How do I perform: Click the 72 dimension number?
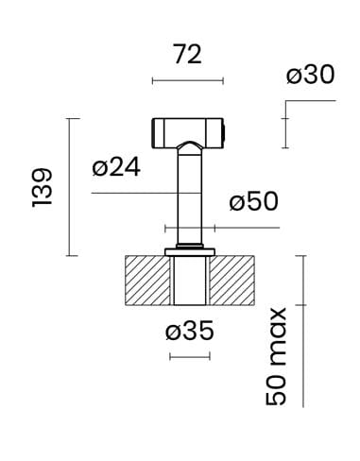point(188,55)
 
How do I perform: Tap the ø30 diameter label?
point(310,75)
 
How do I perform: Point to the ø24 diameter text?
point(117,168)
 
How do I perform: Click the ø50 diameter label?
point(254,202)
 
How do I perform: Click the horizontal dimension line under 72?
point(188,81)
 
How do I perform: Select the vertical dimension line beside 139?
point(68,186)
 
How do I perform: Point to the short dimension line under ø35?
point(189,356)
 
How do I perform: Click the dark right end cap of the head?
point(224,129)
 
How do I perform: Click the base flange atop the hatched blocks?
point(190,251)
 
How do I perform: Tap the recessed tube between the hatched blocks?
point(190,281)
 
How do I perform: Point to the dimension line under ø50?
point(222,228)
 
